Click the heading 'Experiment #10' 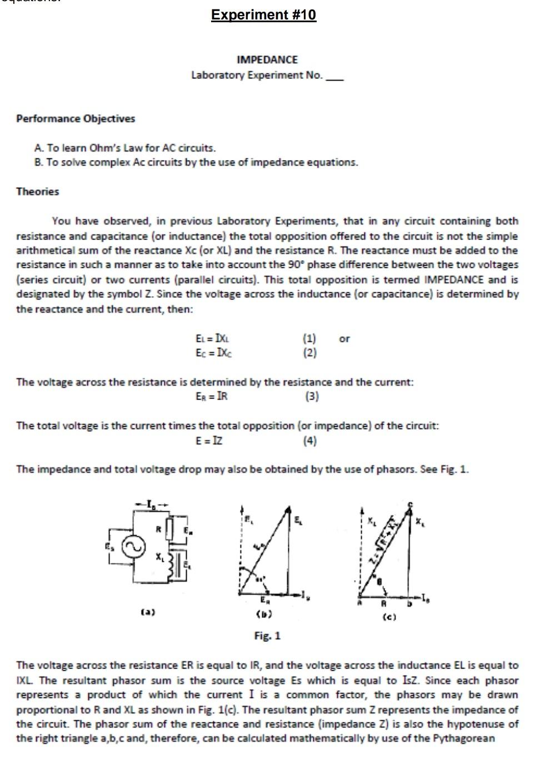pos(263,14)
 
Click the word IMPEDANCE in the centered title pos(267,59)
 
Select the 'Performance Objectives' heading pos(76,118)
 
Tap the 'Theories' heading pos(37,191)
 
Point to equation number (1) pos(309,338)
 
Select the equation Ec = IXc pos(213,352)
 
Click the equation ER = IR pos(212,396)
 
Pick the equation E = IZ pos(209,441)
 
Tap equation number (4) pos(309,441)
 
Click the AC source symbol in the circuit pos(133,547)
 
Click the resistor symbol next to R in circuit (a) pos(171,526)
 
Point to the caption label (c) pos(389,617)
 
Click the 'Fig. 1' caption pos(267,635)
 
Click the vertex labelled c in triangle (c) pos(410,503)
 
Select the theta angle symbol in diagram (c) pos(379,581)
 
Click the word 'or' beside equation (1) pos(344,338)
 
